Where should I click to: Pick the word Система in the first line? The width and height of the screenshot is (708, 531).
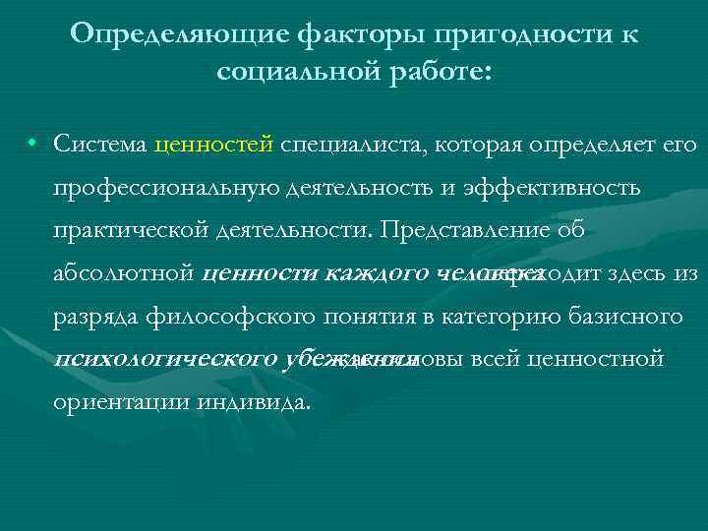(100, 146)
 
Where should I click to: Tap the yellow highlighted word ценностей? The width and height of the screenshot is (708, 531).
(213, 146)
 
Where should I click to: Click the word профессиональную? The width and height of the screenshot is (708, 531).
(167, 188)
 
